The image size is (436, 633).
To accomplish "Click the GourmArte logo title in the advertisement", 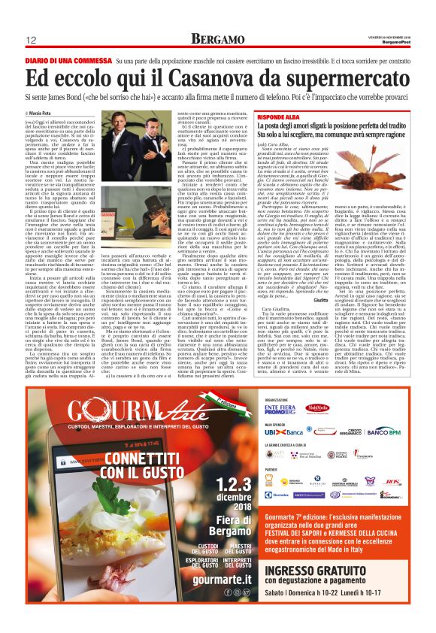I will click(131, 413).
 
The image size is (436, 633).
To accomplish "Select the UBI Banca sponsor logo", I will click(280, 432).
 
